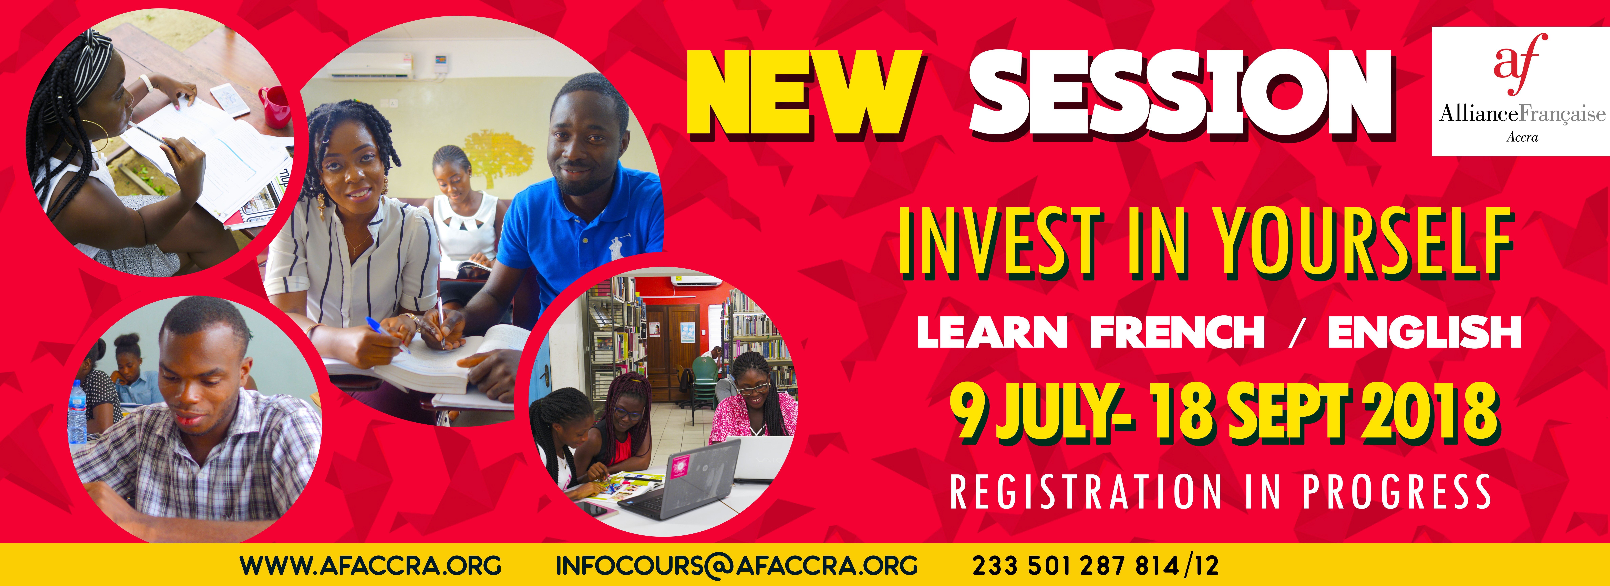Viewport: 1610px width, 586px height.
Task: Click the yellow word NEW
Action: (804, 94)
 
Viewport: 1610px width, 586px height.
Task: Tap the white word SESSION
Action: (1181, 94)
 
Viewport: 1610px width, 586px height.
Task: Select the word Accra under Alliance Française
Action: (1522, 137)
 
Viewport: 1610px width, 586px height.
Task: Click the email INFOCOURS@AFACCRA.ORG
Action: (736, 565)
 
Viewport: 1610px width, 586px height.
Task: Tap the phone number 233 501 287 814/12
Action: (1095, 565)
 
